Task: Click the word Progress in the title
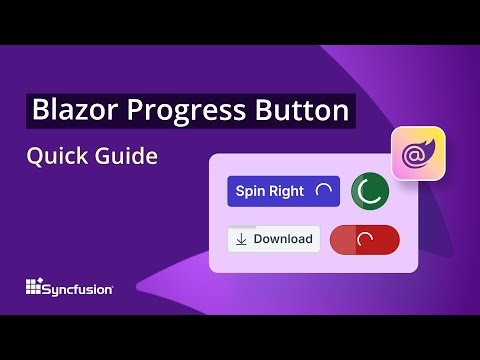176,110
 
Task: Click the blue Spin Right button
283,191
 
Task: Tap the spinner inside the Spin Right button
323,191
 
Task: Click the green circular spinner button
370,191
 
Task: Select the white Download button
274,240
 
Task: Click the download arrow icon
241,240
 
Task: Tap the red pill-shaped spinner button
364,240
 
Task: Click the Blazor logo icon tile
419,153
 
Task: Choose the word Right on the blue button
287,191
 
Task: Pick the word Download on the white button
283,240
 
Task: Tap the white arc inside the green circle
370,191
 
